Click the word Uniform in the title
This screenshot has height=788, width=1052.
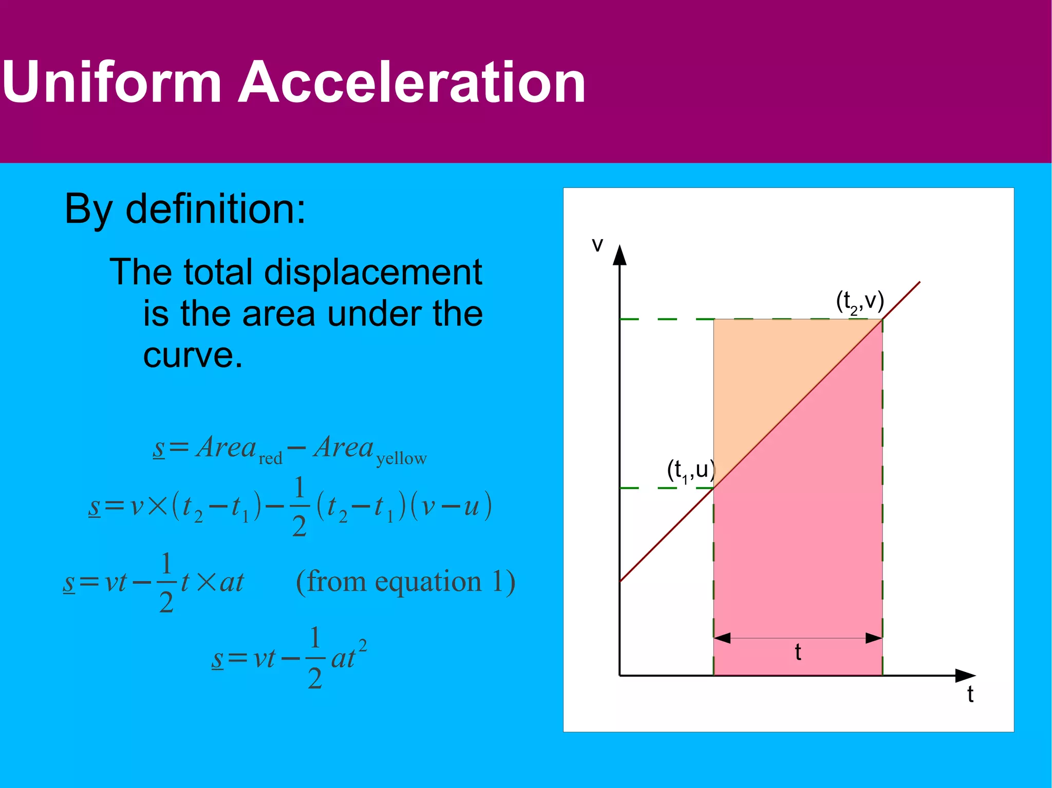112,82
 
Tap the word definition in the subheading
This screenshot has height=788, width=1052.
216,209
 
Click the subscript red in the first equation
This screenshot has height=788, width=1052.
271,458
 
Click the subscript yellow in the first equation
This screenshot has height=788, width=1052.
401,458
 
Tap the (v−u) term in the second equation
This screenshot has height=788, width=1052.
452,506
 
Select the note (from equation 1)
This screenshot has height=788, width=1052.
406,582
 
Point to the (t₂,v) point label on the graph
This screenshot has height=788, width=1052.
860,301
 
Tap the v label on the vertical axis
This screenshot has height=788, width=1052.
597,244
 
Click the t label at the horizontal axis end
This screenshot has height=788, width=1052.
970,694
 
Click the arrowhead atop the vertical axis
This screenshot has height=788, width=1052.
620,255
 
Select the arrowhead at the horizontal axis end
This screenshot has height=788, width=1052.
965,676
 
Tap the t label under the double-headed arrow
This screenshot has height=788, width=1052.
798,652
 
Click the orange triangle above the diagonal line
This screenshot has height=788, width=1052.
765,364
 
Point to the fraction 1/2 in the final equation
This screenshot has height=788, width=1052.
315,658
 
